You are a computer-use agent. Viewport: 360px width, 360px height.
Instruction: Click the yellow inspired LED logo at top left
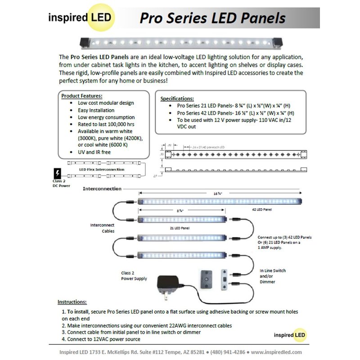[x=81, y=18]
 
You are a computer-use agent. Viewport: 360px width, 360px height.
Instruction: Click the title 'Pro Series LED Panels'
[x=212, y=18]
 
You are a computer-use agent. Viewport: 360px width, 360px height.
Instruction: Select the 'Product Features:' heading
[x=81, y=96]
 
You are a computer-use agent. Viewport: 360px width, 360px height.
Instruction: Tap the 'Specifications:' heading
[x=177, y=99]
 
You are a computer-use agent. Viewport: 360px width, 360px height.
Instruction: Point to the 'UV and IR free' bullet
[x=94, y=152]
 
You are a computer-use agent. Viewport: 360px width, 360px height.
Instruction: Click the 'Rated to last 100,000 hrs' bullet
[x=103, y=124]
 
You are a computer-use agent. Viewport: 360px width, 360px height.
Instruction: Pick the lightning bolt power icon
[x=57, y=173]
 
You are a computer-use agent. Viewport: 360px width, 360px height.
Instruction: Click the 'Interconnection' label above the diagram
[x=102, y=189]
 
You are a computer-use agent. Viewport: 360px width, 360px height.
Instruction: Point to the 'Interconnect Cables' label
[x=103, y=228]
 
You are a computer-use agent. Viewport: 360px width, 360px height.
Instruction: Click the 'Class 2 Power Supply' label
[x=134, y=276]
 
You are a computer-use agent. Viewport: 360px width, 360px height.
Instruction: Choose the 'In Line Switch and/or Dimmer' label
[x=273, y=276]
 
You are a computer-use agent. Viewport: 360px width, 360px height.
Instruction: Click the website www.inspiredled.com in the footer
[x=276, y=352]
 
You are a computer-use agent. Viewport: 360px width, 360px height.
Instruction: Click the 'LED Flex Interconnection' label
[x=102, y=169]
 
